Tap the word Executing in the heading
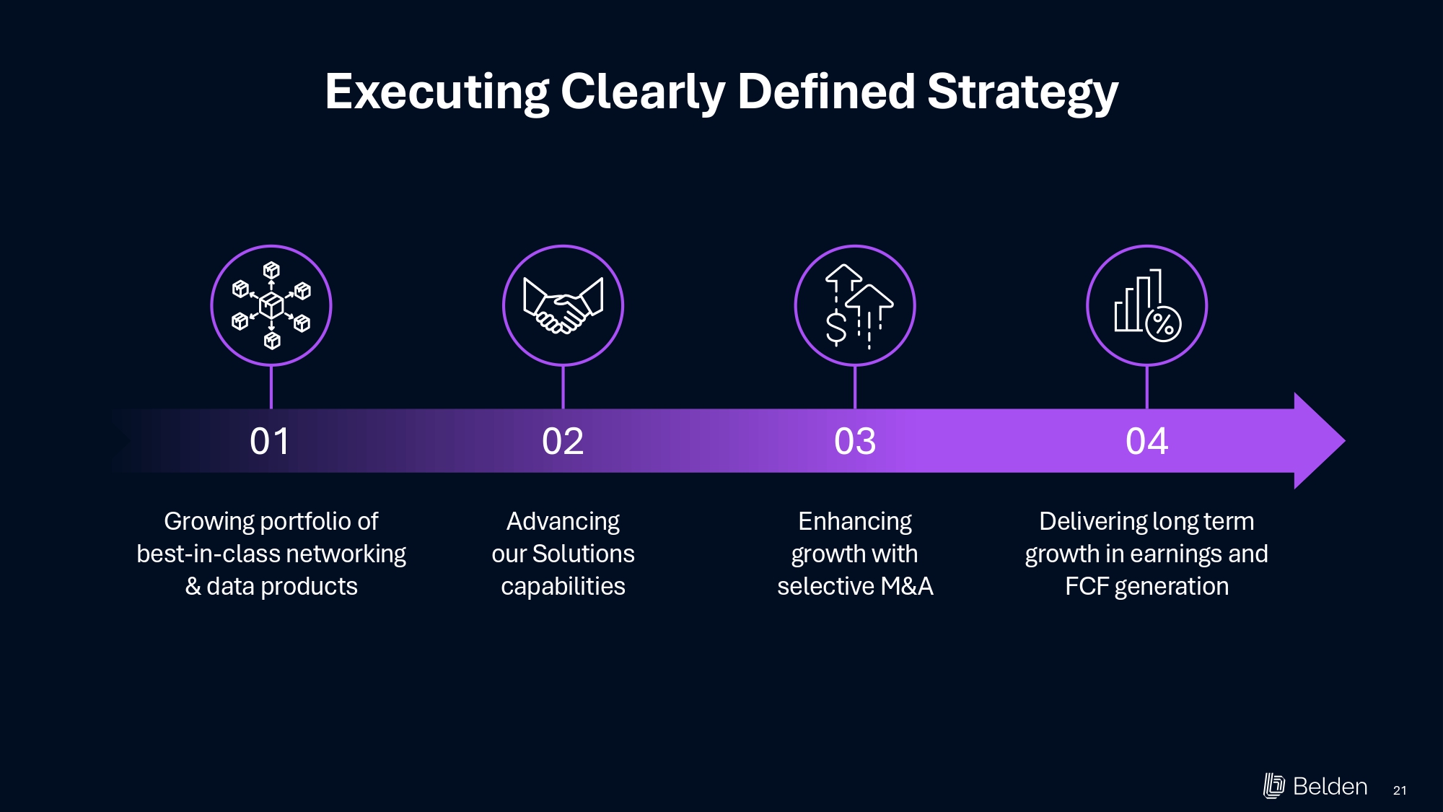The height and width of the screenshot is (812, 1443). tap(437, 92)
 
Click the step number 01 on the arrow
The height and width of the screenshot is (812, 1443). tap(270, 441)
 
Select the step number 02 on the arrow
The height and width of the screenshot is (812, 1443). tap(563, 441)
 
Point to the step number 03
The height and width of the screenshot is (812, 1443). tap(855, 441)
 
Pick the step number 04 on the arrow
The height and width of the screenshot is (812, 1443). tap(1146, 441)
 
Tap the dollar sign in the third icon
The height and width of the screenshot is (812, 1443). tap(836, 328)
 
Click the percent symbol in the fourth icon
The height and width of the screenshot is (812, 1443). tap(1163, 324)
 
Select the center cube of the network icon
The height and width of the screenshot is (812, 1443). tap(271, 305)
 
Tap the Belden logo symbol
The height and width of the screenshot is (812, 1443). tap(1273, 786)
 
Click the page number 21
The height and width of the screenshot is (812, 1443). tap(1400, 790)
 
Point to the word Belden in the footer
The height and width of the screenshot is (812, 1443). tap(1330, 786)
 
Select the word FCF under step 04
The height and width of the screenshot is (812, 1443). tap(1087, 586)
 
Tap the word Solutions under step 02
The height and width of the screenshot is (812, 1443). tap(583, 554)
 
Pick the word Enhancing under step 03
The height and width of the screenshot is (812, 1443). tap(855, 521)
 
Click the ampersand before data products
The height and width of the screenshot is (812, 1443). tap(193, 586)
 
